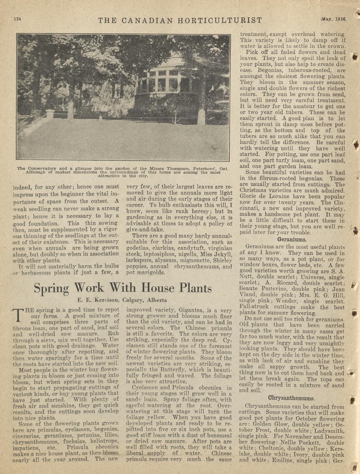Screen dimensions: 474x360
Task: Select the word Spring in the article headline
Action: pyautogui.click(x=51, y=288)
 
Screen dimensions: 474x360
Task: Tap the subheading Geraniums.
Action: pyautogui.click(x=292, y=239)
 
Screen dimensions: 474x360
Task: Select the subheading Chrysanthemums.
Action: pyautogui.click(x=291, y=398)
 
